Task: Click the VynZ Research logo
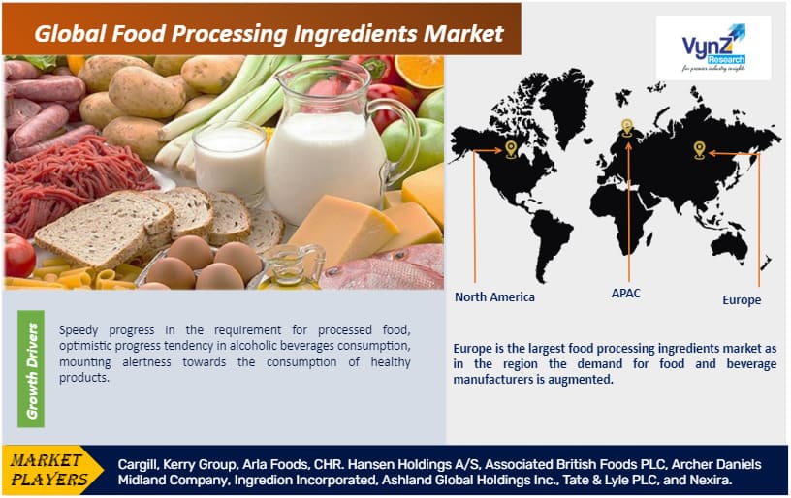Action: (x=712, y=47)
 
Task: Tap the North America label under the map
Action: (x=494, y=296)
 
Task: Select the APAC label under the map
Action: (x=625, y=292)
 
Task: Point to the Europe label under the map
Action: (x=742, y=300)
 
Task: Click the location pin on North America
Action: (x=511, y=149)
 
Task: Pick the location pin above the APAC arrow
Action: (x=627, y=126)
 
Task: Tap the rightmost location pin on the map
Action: (x=698, y=148)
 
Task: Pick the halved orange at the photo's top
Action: (x=419, y=70)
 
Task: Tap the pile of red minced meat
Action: (x=78, y=184)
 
